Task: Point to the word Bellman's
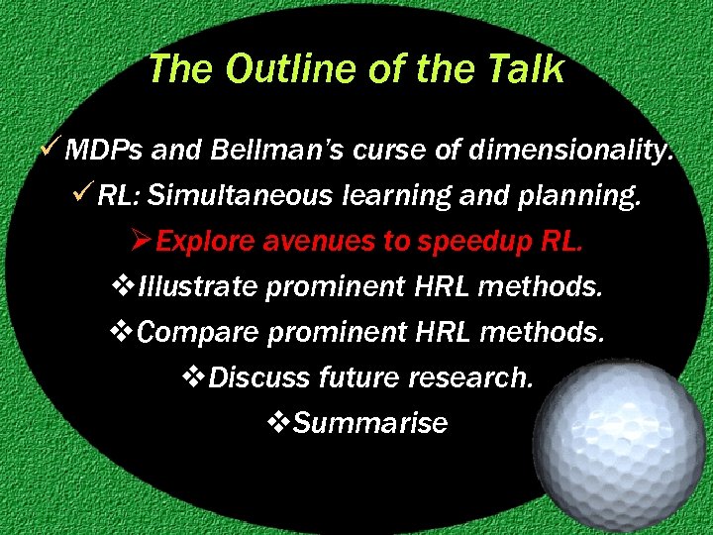click(276, 152)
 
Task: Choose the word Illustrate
click(198, 287)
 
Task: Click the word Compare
click(199, 333)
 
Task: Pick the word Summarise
click(370, 423)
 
